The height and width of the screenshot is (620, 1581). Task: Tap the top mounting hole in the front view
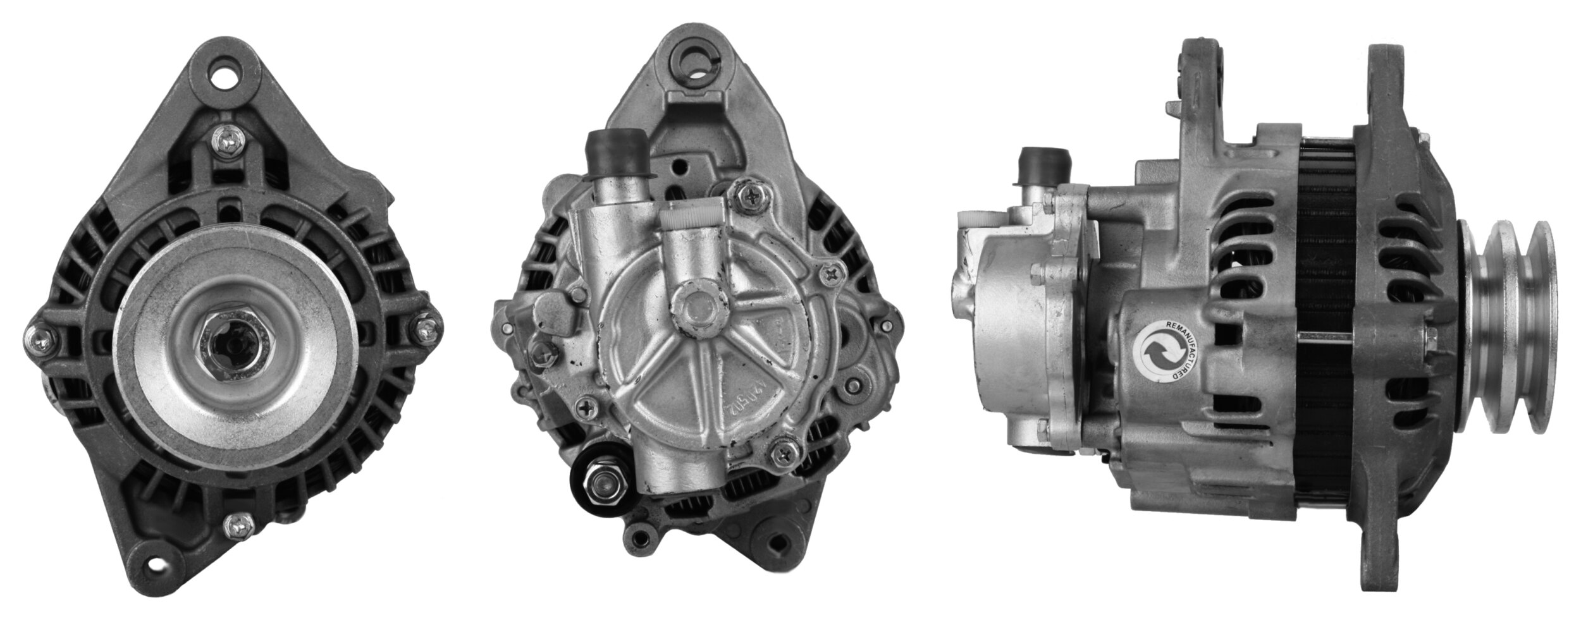pyautogui.click(x=225, y=80)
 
